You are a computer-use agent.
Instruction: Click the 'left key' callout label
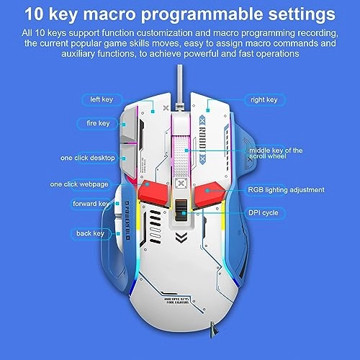pyautogui.click(x=96, y=99)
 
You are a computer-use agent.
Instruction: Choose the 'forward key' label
pyautogui.click(x=90, y=204)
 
